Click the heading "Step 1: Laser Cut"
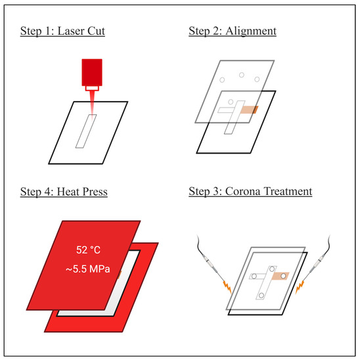click(x=62, y=31)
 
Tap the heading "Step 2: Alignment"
click(x=233, y=31)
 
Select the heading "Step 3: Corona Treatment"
click(x=250, y=191)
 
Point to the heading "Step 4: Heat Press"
click(x=64, y=192)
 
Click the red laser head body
click(x=92, y=72)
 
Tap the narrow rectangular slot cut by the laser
click(x=86, y=131)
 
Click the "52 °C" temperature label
click(x=88, y=250)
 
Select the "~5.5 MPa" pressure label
click(x=88, y=269)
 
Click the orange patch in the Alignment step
click(x=249, y=110)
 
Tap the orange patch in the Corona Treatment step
click(x=281, y=276)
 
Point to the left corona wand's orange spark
click(x=227, y=287)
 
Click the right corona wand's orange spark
click(x=300, y=287)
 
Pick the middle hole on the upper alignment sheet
click(x=242, y=75)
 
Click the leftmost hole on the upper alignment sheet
click(x=222, y=80)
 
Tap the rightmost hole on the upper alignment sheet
click(x=257, y=79)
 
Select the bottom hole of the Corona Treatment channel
click(x=261, y=295)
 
